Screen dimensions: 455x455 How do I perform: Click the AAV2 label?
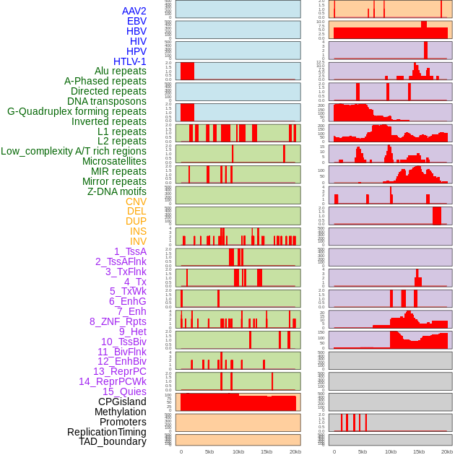(x=134, y=11)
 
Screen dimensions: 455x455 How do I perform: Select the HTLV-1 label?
(x=130, y=61)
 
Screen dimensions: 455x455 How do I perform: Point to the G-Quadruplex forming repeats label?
(x=77, y=111)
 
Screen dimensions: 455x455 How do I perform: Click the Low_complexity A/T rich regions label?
(x=74, y=151)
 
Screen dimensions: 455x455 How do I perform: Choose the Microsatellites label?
(x=114, y=161)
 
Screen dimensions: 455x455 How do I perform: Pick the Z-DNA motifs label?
(x=117, y=191)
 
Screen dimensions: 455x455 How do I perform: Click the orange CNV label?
(x=136, y=201)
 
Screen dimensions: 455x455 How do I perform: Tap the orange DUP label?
(x=136, y=221)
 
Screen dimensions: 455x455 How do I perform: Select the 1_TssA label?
(x=130, y=251)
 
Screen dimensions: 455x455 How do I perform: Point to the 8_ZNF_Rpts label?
(x=118, y=321)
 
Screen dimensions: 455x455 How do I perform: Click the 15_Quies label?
(x=124, y=391)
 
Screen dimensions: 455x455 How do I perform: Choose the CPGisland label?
(x=122, y=402)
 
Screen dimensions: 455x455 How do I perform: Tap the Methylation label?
(x=121, y=412)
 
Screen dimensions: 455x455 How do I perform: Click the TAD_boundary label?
(x=113, y=441)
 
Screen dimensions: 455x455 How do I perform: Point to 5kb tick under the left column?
(x=209, y=451)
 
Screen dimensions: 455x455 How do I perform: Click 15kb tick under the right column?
(x=419, y=451)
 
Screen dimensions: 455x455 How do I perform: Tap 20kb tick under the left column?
(x=295, y=451)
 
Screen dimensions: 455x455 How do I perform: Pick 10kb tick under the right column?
(x=391, y=451)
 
